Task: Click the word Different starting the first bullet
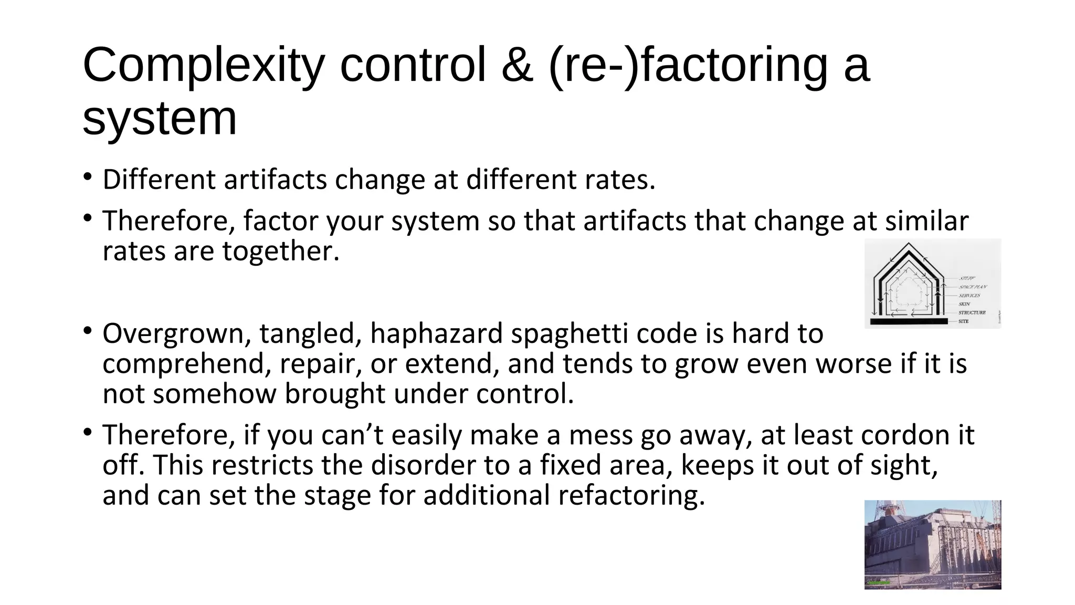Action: click(x=159, y=180)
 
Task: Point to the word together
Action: click(x=281, y=251)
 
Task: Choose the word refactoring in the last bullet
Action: click(x=631, y=495)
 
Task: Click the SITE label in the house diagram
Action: click(x=964, y=321)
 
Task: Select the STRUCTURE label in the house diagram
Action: click(x=972, y=312)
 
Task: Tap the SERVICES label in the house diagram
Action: click(x=969, y=296)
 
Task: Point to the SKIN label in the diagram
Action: click(x=965, y=304)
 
